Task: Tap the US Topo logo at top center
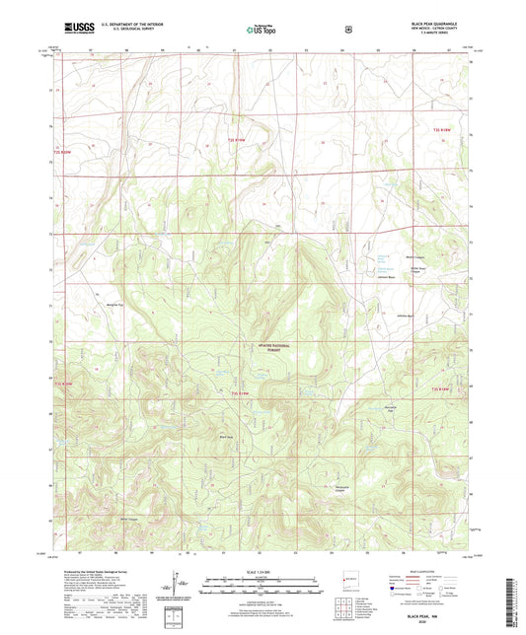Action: (263, 30)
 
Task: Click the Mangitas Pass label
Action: (115, 306)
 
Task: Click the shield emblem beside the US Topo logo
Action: (347, 30)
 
